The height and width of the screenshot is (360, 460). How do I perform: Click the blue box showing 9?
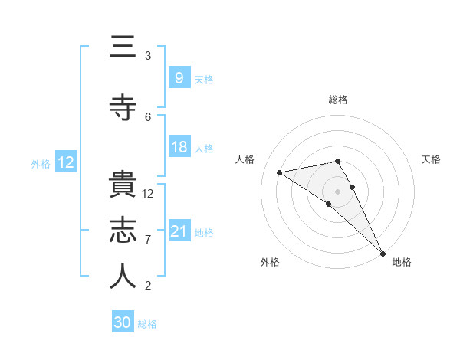coord(179,77)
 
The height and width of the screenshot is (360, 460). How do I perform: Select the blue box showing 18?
coord(179,147)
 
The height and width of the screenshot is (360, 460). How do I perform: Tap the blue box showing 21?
coord(179,231)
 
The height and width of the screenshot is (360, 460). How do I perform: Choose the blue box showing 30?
coord(123,322)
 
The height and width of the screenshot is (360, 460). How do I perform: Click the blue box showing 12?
coord(65,162)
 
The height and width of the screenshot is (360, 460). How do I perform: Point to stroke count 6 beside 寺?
coord(148,116)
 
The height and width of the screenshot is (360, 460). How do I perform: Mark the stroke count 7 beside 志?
coord(148,240)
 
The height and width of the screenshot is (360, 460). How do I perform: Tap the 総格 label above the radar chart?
coord(337,100)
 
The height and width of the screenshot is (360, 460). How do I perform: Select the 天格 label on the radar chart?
coord(431,159)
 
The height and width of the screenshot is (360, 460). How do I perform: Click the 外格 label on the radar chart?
coord(269,262)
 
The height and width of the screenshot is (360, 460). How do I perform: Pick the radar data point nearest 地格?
coord(382,252)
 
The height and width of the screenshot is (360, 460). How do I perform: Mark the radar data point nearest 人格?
coord(279,172)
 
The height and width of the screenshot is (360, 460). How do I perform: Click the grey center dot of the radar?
coord(337,191)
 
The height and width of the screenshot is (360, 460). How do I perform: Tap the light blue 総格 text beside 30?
coord(147,324)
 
